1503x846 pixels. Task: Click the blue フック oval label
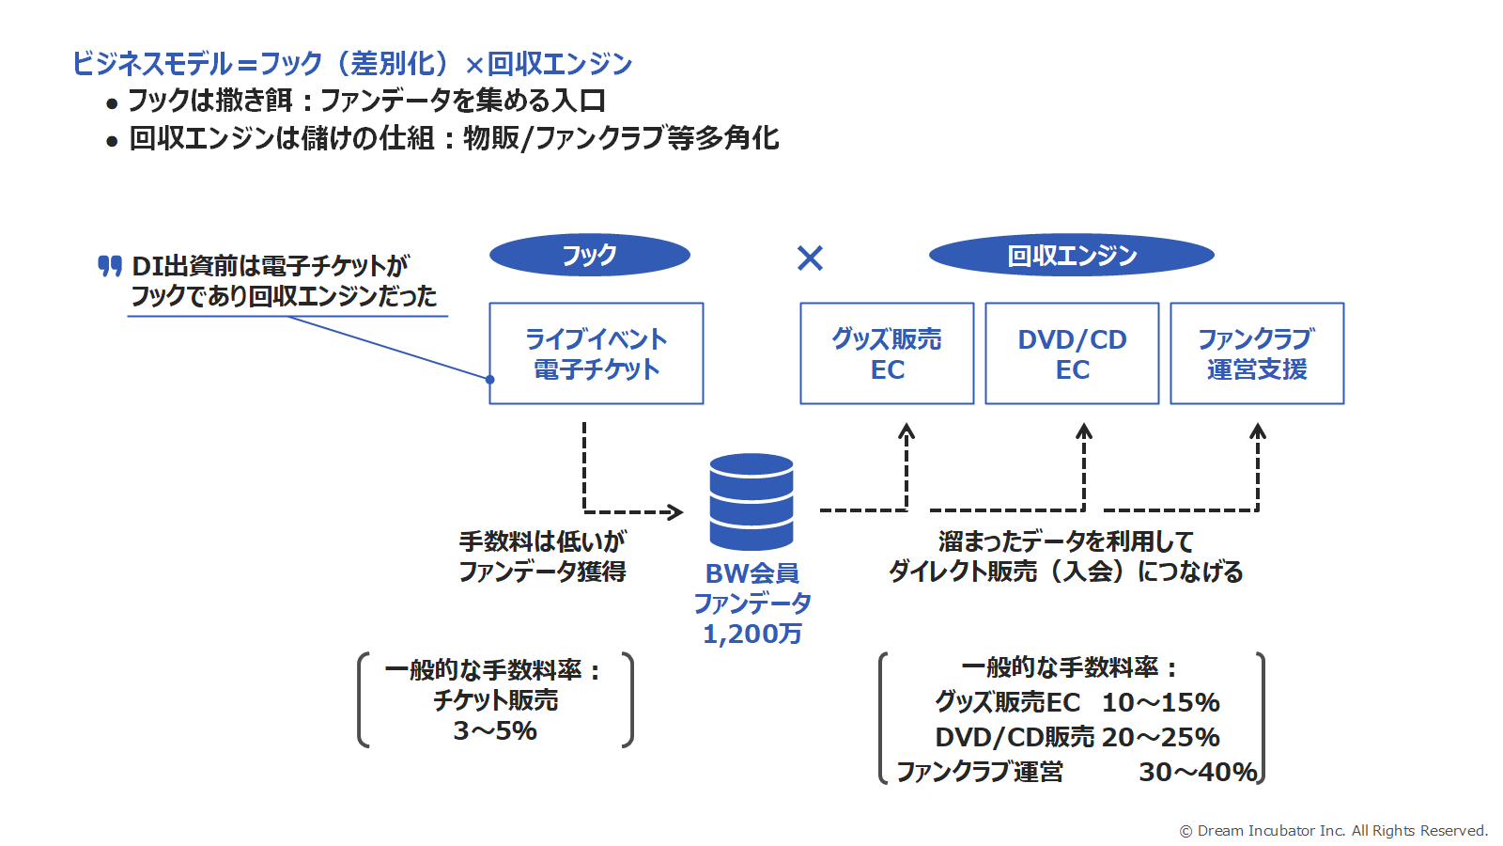pos(590,255)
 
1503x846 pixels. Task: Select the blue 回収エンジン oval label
pos(1072,255)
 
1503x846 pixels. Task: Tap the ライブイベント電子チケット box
pos(597,353)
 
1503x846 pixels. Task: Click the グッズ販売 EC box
pos(887,353)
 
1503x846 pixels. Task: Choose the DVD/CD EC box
pos(1072,353)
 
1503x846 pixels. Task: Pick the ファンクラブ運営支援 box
pos(1258,353)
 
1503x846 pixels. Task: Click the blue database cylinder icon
pos(751,502)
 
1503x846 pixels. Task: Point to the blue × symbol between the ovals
pos(810,258)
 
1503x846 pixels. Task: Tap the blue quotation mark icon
pos(110,266)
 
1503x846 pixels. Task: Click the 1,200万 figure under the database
pos(752,634)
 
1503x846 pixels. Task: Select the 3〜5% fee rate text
pos(495,730)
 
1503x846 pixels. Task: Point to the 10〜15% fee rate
pos(1161,702)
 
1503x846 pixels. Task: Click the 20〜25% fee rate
pos(1161,737)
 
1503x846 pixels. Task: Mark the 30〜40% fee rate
pos(1199,772)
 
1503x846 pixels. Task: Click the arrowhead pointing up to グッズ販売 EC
pos(906,431)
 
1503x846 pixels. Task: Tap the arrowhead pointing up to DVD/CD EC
pos(1084,431)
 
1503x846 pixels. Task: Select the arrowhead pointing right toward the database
pos(675,512)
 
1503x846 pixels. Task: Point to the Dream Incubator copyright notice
pos(1334,831)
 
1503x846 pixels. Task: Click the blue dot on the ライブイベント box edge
pos(489,380)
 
